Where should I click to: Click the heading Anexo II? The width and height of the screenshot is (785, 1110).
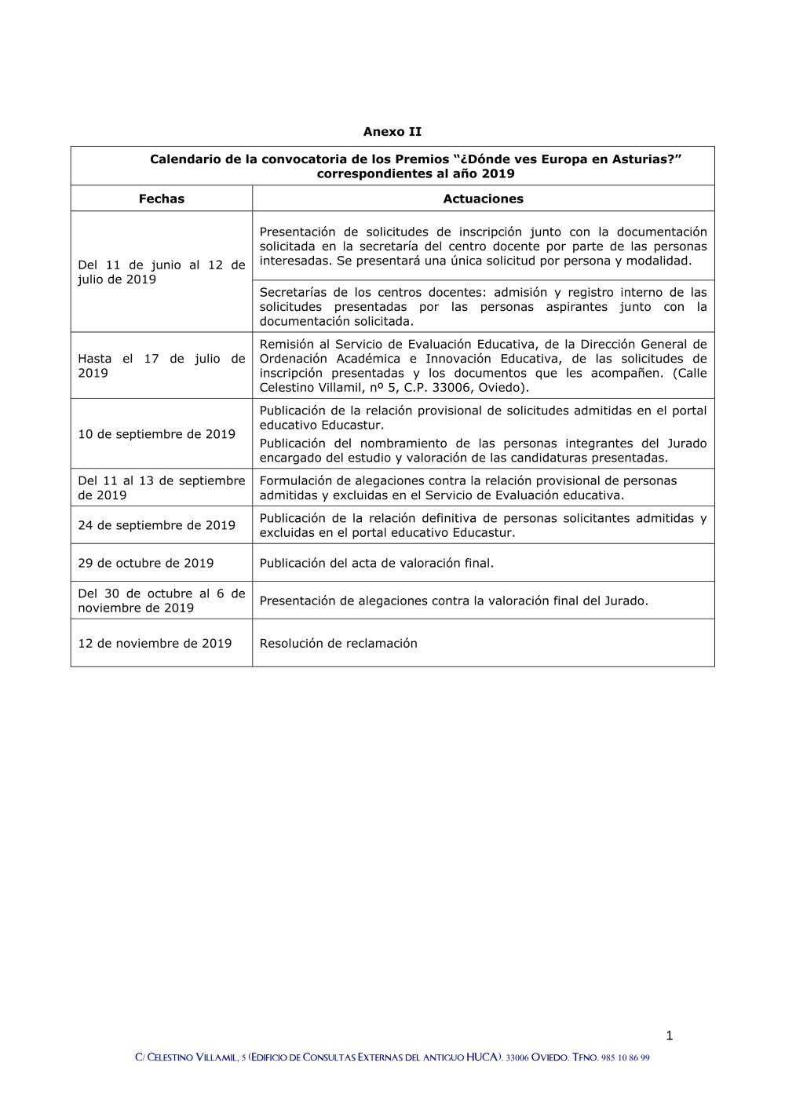[x=392, y=132]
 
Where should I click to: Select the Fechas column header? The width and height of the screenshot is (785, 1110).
[x=161, y=199]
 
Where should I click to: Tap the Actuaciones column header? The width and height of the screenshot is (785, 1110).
[x=483, y=199]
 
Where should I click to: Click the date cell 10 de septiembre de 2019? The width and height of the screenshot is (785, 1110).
[x=156, y=434]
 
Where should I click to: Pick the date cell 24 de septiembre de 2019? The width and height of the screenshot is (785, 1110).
[x=156, y=525]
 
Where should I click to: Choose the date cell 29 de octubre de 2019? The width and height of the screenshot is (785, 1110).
[x=145, y=563]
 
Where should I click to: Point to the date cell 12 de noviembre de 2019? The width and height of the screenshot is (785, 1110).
[x=155, y=643]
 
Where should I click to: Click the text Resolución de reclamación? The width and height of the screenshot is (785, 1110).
[x=338, y=643]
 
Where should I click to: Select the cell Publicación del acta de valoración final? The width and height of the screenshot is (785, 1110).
[x=376, y=563]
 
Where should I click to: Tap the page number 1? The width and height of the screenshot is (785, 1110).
[x=669, y=1035]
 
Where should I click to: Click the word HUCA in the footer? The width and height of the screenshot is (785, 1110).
[x=482, y=1057]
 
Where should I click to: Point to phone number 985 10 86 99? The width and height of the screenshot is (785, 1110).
[x=625, y=1058]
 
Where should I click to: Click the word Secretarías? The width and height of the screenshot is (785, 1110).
[x=293, y=292]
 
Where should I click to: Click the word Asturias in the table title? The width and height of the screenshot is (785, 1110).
[x=643, y=159]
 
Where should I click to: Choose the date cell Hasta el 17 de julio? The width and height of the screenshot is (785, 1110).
[x=161, y=366]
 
